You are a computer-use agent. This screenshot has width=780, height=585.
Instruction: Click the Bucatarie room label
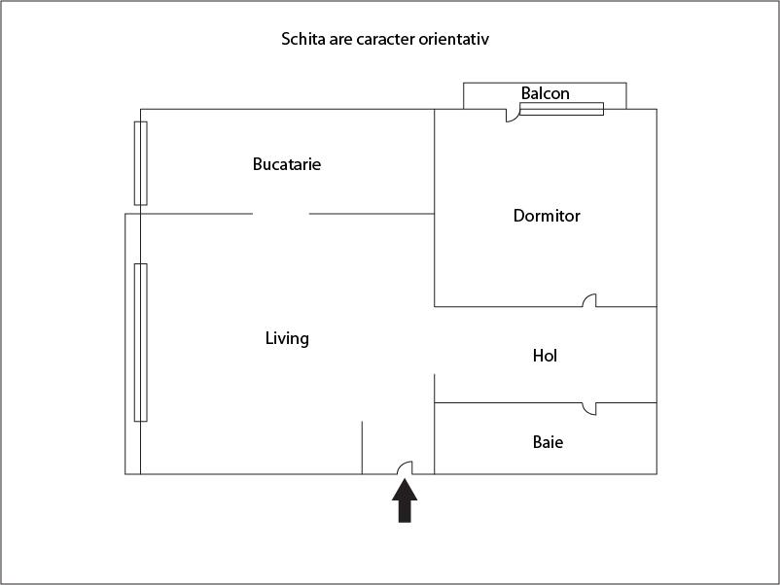coord(287,164)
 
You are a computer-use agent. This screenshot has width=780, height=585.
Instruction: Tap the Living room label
coord(287,338)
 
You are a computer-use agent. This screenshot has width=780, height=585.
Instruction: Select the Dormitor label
coord(547,216)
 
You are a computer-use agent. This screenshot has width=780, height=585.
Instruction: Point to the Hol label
coord(545,356)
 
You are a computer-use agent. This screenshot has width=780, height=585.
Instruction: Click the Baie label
coord(548,442)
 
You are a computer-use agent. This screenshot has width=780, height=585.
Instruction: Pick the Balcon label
coord(546,93)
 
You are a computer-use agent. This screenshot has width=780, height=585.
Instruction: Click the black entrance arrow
coord(405,500)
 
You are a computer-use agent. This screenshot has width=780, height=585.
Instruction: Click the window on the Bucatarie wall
coord(141,163)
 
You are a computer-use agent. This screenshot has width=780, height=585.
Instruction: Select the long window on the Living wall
coord(141,342)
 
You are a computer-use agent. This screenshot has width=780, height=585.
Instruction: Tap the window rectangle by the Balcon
coord(561,109)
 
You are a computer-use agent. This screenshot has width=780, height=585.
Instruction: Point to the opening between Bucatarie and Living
coord(280,214)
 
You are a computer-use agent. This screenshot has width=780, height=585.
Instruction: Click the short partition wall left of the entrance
coord(362,448)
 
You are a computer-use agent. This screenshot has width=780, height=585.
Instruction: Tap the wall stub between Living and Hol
coord(435,388)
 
